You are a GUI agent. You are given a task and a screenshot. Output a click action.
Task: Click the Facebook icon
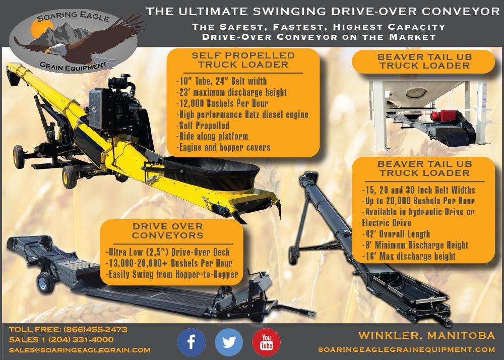point(191,342)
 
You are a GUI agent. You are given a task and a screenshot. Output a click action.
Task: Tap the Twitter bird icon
point(229,342)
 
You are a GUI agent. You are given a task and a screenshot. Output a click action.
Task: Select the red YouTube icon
point(266,342)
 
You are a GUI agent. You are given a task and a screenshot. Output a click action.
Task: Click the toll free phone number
point(95,329)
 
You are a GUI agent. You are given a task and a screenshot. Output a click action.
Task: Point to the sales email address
point(80,350)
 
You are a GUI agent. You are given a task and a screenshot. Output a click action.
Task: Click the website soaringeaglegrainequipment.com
point(407,349)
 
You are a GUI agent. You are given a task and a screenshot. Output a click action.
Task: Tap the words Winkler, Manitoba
point(426,336)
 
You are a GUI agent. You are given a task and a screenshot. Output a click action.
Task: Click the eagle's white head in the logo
point(55,49)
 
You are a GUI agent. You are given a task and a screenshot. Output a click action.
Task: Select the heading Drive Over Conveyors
point(168,231)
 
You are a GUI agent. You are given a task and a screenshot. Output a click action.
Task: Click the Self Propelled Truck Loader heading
point(243,60)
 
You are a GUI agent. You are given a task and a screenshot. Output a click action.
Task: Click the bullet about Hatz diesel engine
point(242,114)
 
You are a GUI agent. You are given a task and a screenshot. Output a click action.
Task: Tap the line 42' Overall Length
point(396,234)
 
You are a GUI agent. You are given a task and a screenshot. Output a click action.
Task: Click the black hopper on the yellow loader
point(211,172)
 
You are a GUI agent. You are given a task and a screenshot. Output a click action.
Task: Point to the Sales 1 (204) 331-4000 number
point(61,340)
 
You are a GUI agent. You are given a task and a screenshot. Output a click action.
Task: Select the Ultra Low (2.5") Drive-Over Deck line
point(168,252)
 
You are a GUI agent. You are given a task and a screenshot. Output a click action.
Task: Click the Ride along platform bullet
point(212,136)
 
